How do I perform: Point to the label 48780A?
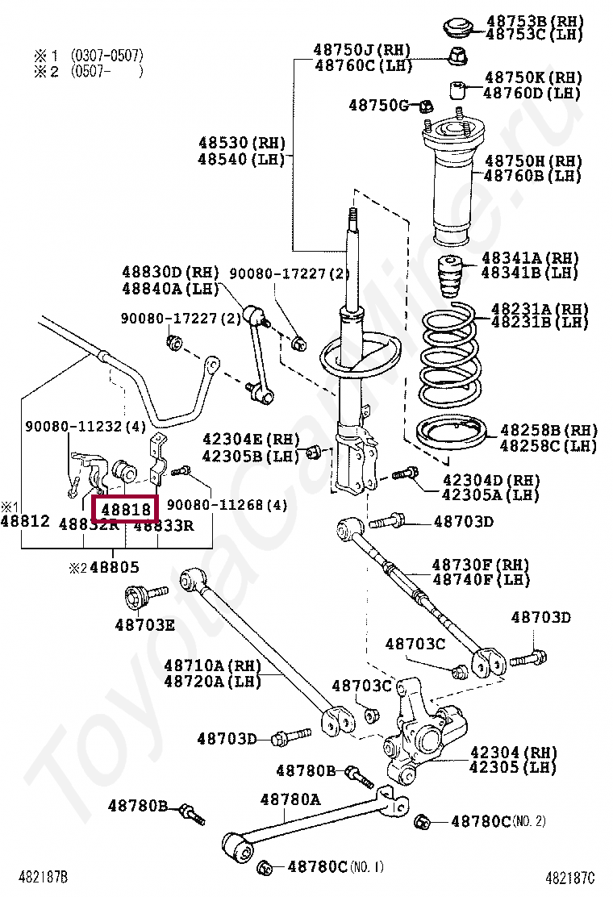(x=290, y=799)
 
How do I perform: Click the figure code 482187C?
(x=569, y=877)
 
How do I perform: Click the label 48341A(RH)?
(x=530, y=258)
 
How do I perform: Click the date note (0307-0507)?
(x=106, y=55)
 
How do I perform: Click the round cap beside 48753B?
(x=457, y=27)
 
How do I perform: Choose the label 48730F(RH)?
(x=481, y=565)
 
